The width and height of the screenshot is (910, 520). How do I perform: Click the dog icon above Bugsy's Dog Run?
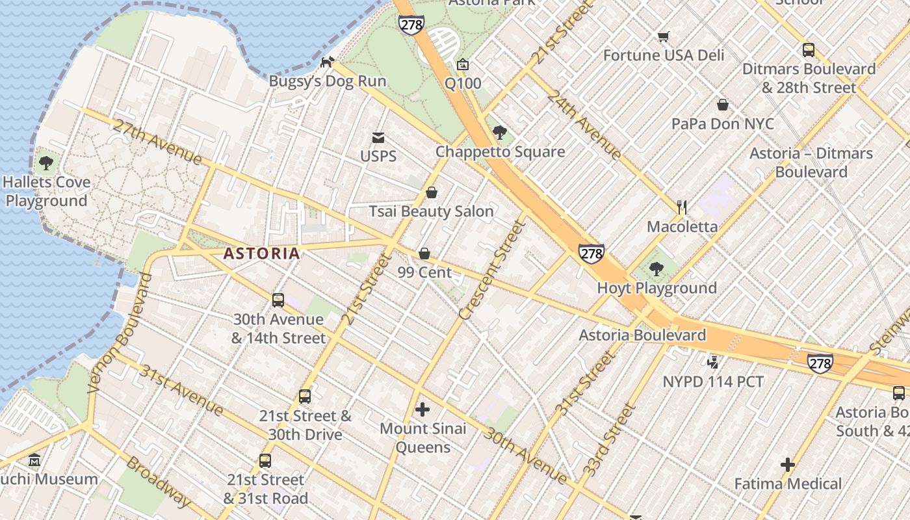pyautogui.click(x=328, y=62)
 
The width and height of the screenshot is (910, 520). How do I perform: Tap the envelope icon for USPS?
pyautogui.click(x=378, y=138)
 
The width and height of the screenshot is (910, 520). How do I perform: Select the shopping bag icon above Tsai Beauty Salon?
pyautogui.click(x=431, y=193)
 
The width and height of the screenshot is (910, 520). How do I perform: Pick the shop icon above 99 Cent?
pyautogui.click(x=424, y=253)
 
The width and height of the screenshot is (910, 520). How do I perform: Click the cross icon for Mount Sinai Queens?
pyautogui.click(x=422, y=409)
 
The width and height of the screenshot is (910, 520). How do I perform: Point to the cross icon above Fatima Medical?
pyautogui.click(x=788, y=465)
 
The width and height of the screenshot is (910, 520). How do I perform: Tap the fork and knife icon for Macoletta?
pyautogui.click(x=682, y=207)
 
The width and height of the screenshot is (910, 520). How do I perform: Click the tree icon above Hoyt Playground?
pyautogui.click(x=656, y=269)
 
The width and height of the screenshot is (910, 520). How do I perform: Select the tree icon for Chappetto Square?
pyautogui.click(x=500, y=133)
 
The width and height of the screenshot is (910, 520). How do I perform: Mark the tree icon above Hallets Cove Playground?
pyautogui.click(x=45, y=163)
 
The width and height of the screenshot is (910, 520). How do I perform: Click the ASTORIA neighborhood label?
pyautogui.click(x=262, y=253)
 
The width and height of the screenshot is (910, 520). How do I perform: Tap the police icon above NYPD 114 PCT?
pyautogui.click(x=713, y=362)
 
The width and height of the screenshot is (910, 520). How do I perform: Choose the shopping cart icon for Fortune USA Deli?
pyautogui.click(x=663, y=37)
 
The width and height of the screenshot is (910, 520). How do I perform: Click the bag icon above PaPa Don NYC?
pyautogui.click(x=722, y=105)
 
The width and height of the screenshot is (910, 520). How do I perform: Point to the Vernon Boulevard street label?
pyautogui.click(x=120, y=333)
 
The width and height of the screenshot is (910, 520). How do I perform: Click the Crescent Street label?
pyautogui.click(x=491, y=270)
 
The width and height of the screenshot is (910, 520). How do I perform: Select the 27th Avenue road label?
pyautogui.click(x=157, y=142)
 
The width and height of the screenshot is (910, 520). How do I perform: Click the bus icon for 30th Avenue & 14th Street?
pyautogui.click(x=278, y=300)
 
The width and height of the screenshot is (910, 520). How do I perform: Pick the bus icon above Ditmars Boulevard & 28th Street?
pyautogui.click(x=809, y=50)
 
